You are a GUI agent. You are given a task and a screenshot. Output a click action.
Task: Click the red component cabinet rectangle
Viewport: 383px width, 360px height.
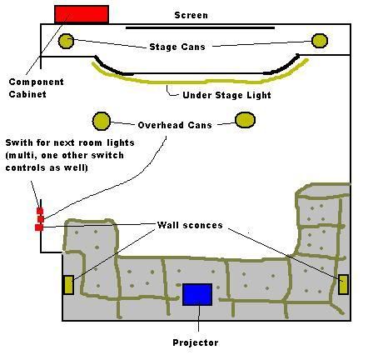82,14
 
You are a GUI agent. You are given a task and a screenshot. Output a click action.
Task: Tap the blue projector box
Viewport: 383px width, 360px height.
197,294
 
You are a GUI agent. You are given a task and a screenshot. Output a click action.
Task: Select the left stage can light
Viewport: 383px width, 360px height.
66,41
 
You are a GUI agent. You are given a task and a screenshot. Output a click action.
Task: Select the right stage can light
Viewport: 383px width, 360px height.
320,41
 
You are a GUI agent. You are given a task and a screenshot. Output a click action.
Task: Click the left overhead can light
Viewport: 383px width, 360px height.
102,121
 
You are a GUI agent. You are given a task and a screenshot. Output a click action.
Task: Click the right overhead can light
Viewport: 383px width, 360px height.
246,120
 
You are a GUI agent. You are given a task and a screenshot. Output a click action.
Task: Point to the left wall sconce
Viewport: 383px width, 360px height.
68,285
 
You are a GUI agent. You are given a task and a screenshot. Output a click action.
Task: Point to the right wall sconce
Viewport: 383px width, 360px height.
344,284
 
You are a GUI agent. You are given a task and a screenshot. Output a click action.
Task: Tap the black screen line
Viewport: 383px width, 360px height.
200,27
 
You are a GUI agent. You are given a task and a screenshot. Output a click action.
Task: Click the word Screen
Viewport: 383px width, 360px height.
191,15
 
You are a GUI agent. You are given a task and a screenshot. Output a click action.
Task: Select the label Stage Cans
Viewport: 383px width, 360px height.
177,47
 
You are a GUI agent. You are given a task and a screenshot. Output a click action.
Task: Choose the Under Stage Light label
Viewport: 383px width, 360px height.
226,95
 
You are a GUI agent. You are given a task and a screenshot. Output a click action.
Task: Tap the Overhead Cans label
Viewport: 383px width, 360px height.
175,125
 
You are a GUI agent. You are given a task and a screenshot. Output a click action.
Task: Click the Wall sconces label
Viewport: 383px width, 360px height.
190,225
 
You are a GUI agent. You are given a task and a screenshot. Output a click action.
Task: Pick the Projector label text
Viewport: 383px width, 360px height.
196,342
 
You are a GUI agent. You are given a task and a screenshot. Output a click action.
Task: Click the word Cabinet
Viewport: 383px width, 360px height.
27,94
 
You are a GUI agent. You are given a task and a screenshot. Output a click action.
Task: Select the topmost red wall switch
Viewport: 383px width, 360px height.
40,211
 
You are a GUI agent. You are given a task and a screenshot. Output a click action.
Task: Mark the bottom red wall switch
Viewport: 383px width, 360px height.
39,227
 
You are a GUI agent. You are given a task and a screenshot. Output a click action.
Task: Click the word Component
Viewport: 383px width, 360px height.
37,82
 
